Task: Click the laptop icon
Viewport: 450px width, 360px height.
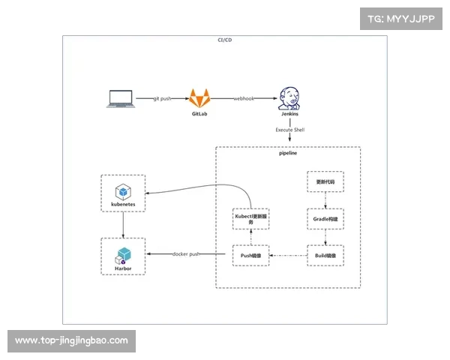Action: point(121,98)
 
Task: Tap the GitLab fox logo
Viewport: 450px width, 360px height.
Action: point(199,97)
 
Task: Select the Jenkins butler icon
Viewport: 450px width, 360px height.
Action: point(289,97)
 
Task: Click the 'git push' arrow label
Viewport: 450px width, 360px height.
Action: point(163,98)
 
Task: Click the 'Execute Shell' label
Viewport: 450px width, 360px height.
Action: point(290,130)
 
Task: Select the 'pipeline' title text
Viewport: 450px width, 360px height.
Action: point(289,152)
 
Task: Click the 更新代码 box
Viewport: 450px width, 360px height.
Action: point(325,183)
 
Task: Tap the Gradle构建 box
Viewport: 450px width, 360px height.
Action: point(325,219)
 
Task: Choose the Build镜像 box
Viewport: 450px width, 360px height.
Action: point(325,256)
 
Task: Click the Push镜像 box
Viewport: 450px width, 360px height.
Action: point(250,256)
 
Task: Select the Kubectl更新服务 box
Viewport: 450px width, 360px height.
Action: point(250,219)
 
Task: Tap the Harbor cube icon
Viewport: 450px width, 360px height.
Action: point(122,253)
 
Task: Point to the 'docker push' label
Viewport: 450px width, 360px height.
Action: point(186,254)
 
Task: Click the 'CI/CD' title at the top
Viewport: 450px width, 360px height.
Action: point(224,39)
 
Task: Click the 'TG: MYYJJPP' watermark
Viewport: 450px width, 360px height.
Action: point(402,19)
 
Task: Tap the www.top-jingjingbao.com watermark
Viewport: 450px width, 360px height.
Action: point(71,340)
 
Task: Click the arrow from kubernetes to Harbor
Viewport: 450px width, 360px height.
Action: point(122,224)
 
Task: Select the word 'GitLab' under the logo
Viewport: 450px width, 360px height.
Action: point(199,113)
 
